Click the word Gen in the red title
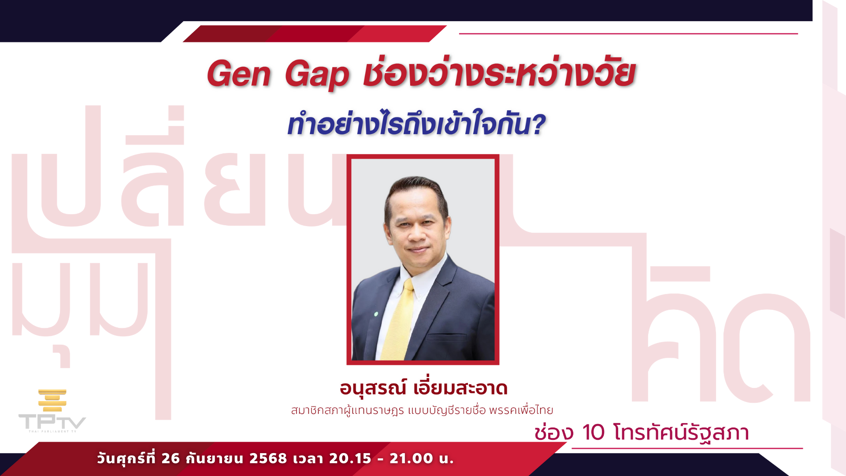(x=239, y=74)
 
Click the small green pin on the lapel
(x=376, y=314)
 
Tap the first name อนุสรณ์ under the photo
(x=373, y=388)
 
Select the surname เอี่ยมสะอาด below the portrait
(x=461, y=388)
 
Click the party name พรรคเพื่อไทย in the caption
(x=521, y=410)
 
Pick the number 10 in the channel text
(x=594, y=432)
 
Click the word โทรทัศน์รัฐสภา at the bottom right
(x=681, y=432)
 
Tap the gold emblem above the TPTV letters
(x=52, y=400)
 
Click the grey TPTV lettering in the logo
(x=52, y=422)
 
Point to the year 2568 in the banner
(x=268, y=458)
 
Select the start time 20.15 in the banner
(x=350, y=458)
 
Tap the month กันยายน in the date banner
(x=215, y=458)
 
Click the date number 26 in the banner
(x=171, y=458)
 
